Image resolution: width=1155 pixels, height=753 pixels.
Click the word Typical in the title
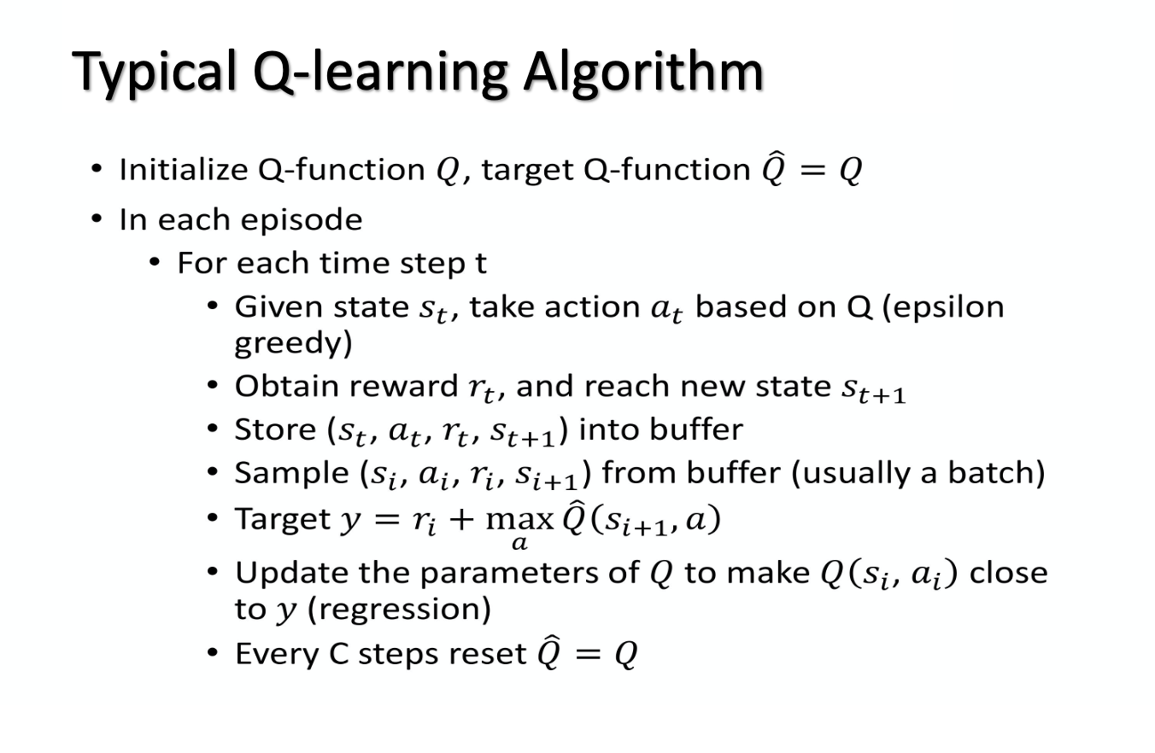point(154,73)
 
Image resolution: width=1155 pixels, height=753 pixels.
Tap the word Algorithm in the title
point(643,73)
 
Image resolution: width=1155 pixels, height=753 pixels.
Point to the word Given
point(278,306)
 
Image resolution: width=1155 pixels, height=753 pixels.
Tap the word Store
point(275,429)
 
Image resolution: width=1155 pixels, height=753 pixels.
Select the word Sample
point(292,474)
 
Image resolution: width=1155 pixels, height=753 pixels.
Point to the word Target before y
point(282,520)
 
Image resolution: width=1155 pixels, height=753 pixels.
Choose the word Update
point(291,574)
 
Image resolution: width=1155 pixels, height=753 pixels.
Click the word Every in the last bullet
point(277,655)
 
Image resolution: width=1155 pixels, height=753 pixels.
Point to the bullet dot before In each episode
point(97,219)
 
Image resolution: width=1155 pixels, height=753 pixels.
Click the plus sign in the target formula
point(461,520)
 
